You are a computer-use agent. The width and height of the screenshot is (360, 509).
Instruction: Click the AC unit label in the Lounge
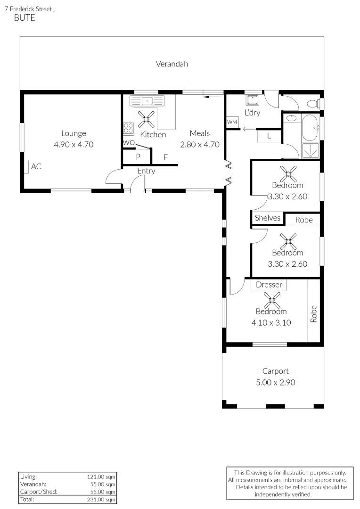[x=36, y=166]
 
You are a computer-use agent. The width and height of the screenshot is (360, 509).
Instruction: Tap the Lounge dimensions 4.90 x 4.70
[x=74, y=145]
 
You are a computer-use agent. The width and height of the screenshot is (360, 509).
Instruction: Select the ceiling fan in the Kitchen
[x=146, y=118]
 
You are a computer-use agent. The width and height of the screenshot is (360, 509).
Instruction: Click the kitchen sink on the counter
[x=147, y=100]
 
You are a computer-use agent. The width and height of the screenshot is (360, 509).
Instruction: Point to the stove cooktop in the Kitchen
[x=128, y=128]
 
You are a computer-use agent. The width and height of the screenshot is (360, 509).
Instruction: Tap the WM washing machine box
[x=232, y=122]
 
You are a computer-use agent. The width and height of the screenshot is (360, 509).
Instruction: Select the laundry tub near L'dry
[x=252, y=100]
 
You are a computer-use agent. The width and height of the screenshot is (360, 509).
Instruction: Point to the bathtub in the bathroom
[x=310, y=128]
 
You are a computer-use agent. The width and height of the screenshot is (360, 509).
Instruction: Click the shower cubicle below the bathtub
[x=310, y=150]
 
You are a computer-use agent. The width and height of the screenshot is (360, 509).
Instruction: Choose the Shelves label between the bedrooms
[x=268, y=218]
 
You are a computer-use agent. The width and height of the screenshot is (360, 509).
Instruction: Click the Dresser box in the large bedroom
[x=269, y=285]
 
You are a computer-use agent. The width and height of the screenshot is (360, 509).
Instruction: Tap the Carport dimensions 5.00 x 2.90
[x=275, y=382]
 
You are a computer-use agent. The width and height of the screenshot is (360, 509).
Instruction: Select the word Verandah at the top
[x=172, y=64]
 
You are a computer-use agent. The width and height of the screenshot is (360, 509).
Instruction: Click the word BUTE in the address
[x=25, y=18]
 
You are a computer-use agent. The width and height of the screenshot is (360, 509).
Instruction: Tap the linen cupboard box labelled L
[x=269, y=136]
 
